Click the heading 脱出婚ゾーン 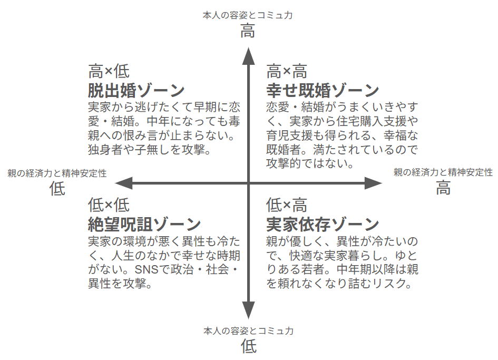136,91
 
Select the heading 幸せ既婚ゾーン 323,91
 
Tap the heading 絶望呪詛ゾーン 144,225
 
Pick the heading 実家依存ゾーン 323,225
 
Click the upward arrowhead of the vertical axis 248,56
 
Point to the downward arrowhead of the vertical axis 248,310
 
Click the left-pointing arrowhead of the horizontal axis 123,183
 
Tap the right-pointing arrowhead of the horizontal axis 373,183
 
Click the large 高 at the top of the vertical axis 248,32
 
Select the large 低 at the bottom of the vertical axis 248,346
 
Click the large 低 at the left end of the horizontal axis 57,188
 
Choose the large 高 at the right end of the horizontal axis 443,188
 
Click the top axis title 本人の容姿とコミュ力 248,15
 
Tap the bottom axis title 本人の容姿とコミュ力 248,331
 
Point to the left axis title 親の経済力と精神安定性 57,173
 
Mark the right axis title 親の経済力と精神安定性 443,172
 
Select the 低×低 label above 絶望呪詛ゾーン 109,205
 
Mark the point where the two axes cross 248,183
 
